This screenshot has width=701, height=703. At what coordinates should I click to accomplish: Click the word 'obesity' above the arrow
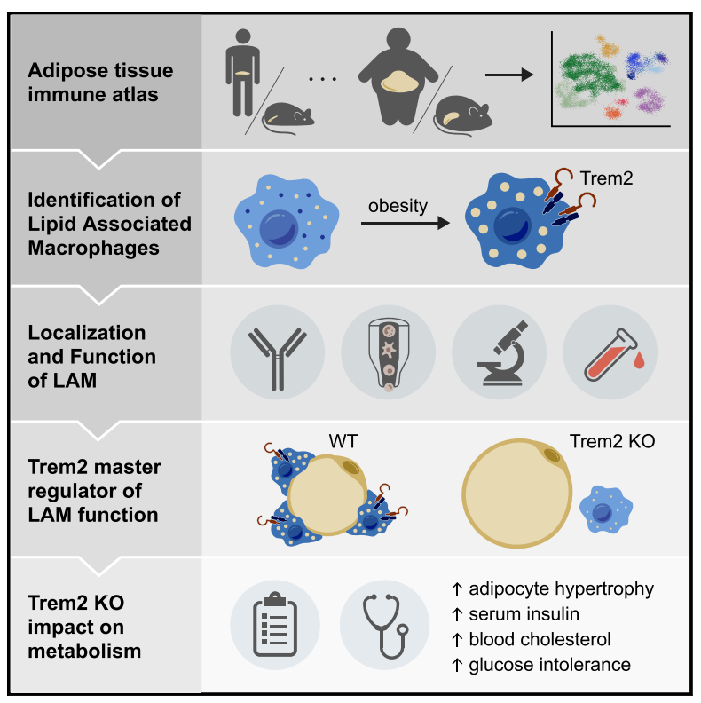398,206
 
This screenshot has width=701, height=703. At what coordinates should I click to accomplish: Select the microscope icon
500,353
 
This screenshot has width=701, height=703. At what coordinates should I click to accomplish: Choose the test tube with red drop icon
610,353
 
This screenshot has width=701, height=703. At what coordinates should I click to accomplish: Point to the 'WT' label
347,441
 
